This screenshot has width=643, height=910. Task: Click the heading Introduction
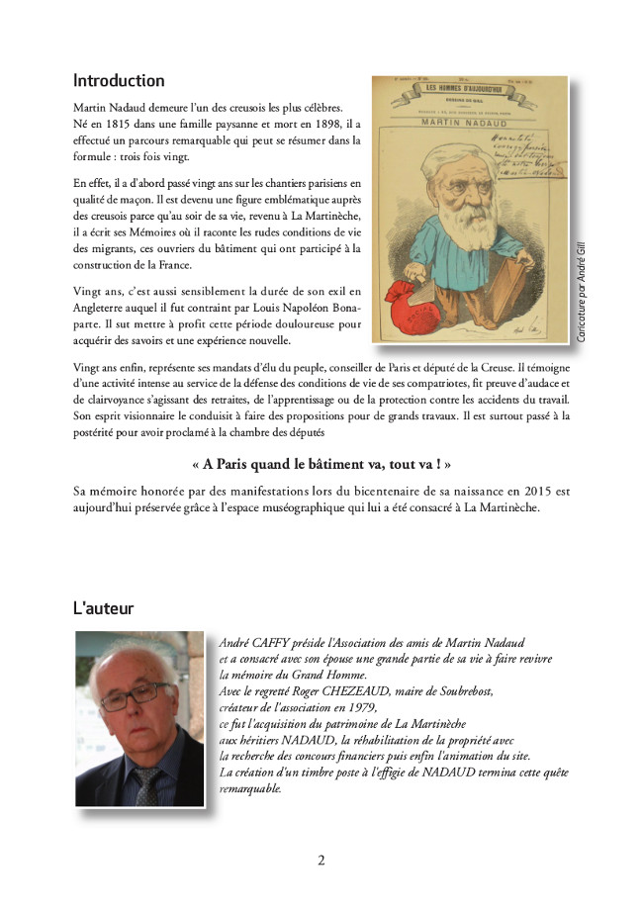tap(119, 80)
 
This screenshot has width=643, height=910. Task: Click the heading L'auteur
tap(104, 607)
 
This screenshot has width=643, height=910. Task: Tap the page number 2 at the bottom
tap(321, 860)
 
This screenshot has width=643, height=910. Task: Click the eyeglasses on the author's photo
tap(130, 697)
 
